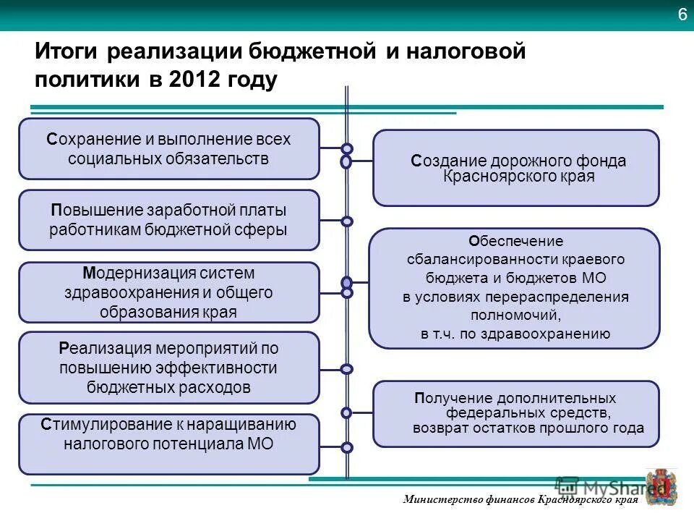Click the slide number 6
point(682,14)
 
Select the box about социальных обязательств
point(168,148)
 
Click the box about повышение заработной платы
point(168,220)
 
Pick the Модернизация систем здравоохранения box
point(168,292)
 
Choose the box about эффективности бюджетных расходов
point(168,368)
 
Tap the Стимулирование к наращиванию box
point(168,444)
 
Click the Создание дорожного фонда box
point(515,168)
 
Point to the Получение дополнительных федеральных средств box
point(515,414)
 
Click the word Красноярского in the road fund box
point(494,177)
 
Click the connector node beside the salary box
point(347,221)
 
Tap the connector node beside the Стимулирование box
point(347,447)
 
